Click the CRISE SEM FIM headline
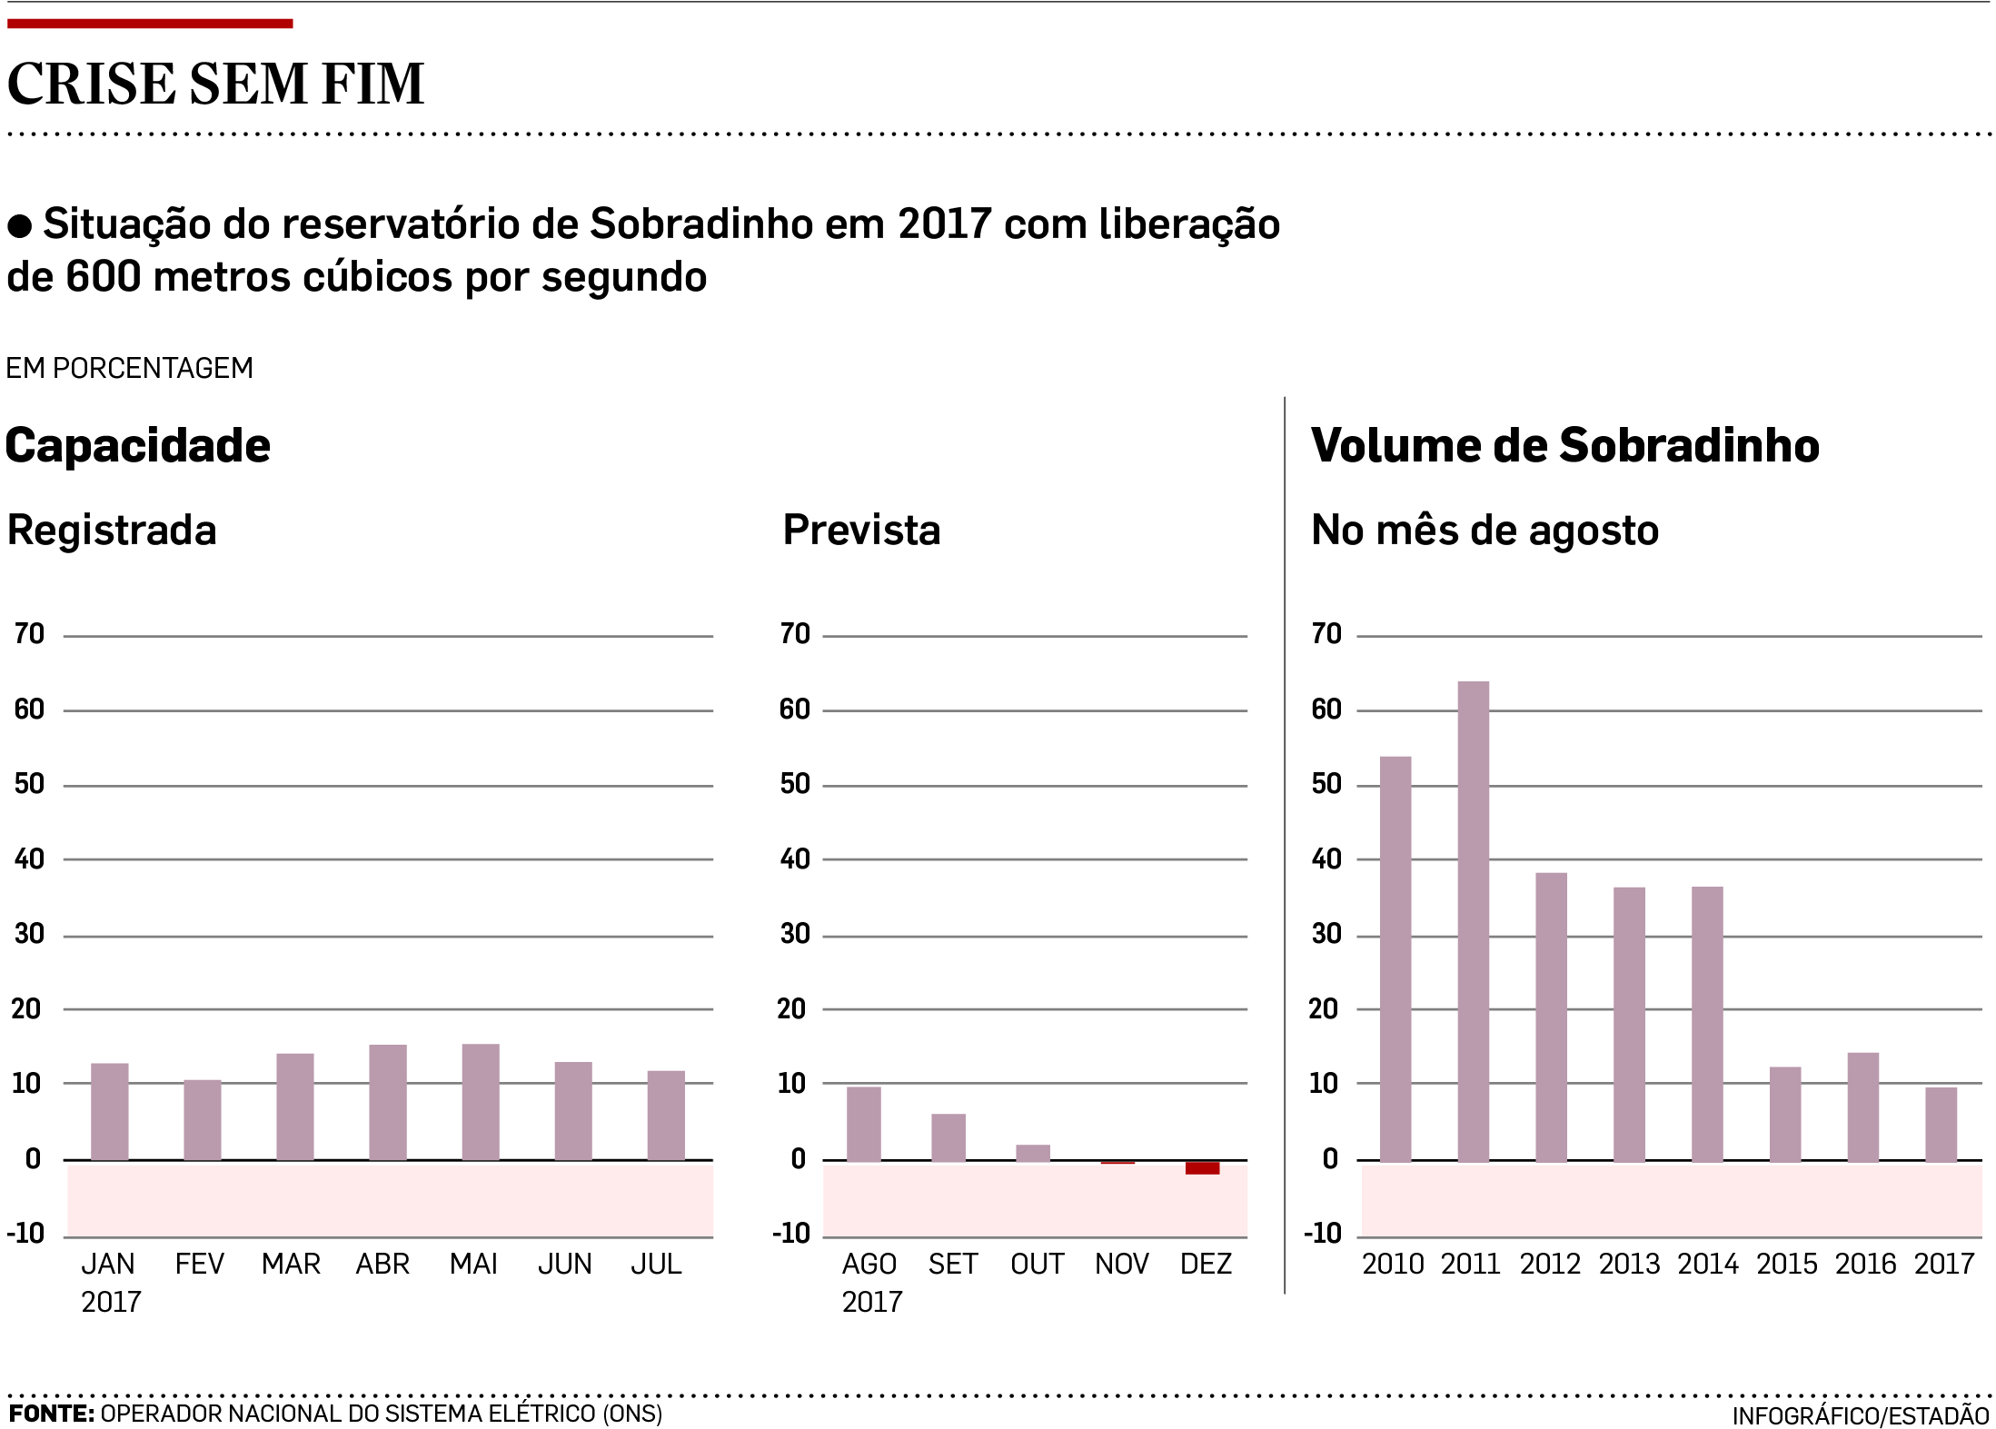click(215, 84)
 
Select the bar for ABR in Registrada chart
click(388, 1102)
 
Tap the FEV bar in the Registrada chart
click(202, 1119)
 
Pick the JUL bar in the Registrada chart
click(666, 1115)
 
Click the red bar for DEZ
click(1202, 1167)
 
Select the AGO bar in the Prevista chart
click(863, 1124)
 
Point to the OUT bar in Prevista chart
click(1033, 1153)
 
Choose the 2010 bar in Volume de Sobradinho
click(1395, 958)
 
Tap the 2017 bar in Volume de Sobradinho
click(1941, 1124)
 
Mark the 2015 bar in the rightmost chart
click(1785, 1114)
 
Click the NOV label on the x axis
click(1121, 1264)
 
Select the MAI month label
click(473, 1264)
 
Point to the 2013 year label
click(1629, 1264)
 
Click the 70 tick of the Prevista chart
click(795, 633)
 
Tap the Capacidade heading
click(138, 445)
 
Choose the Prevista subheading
click(861, 530)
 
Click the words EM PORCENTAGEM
click(130, 368)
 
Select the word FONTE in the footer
click(51, 1414)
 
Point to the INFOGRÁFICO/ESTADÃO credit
click(1860, 1415)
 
